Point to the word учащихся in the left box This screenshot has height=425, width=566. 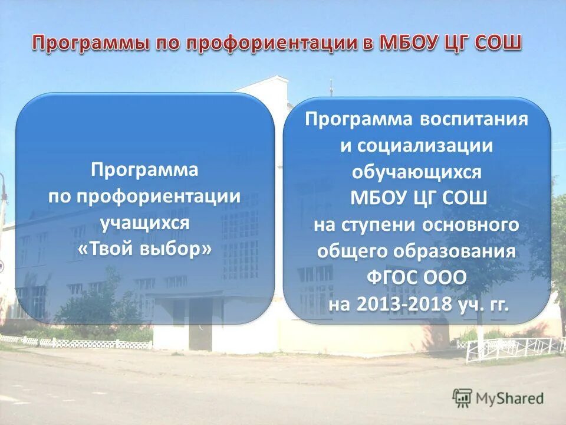tap(144, 223)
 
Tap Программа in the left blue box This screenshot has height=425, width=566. tap(144, 170)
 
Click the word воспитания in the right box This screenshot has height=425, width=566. tap(474, 119)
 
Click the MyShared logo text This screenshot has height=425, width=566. tap(509, 398)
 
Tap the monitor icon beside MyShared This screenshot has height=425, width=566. tap(463, 398)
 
